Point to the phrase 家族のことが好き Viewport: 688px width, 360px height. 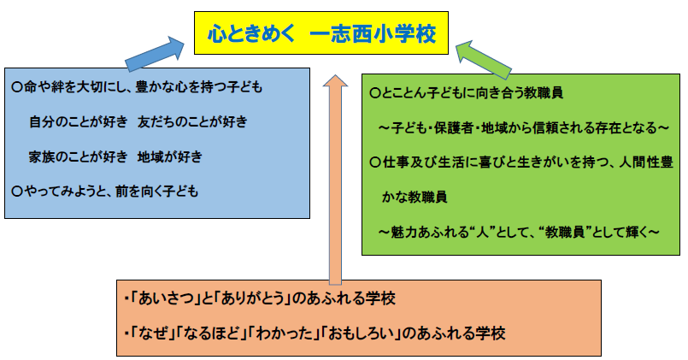76,157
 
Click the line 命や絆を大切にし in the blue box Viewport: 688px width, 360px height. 137,87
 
